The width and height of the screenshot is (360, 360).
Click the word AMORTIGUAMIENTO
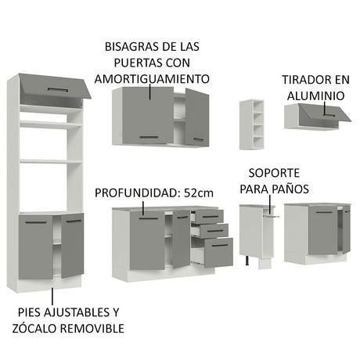(x=152, y=79)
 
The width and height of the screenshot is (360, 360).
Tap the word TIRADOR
(x=305, y=80)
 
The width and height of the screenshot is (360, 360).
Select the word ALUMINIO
(x=315, y=96)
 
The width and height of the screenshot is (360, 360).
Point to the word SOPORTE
(x=274, y=173)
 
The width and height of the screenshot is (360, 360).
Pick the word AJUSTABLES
(x=74, y=312)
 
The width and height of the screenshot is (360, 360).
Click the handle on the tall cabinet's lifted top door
(x=58, y=90)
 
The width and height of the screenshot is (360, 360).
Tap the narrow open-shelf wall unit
(x=252, y=124)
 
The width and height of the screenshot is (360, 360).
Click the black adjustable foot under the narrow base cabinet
(x=247, y=261)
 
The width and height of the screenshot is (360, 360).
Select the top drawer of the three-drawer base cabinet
(x=209, y=216)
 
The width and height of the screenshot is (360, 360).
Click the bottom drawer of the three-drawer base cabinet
(x=218, y=253)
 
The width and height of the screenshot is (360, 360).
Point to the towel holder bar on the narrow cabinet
(x=271, y=216)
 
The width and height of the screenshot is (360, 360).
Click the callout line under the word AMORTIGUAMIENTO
(x=150, y=92)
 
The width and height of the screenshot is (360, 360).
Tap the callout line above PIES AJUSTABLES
(x=52, y=296)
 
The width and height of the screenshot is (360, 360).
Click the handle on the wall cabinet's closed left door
(x=149, y=137)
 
